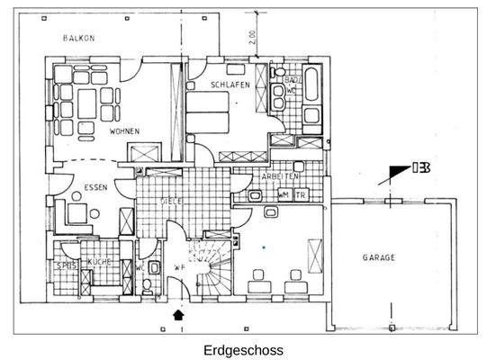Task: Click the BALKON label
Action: point(80,38)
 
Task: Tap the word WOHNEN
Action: point(124,130)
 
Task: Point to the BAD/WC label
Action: point(292,85)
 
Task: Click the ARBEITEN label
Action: point(279,177)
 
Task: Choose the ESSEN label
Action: point(95,188)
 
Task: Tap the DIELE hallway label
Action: point(171,201)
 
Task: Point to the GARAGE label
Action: point(379,257)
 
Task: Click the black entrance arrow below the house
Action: point(177,314)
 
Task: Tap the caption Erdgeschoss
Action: point(243,349)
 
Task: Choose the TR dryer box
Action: point(302,193)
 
